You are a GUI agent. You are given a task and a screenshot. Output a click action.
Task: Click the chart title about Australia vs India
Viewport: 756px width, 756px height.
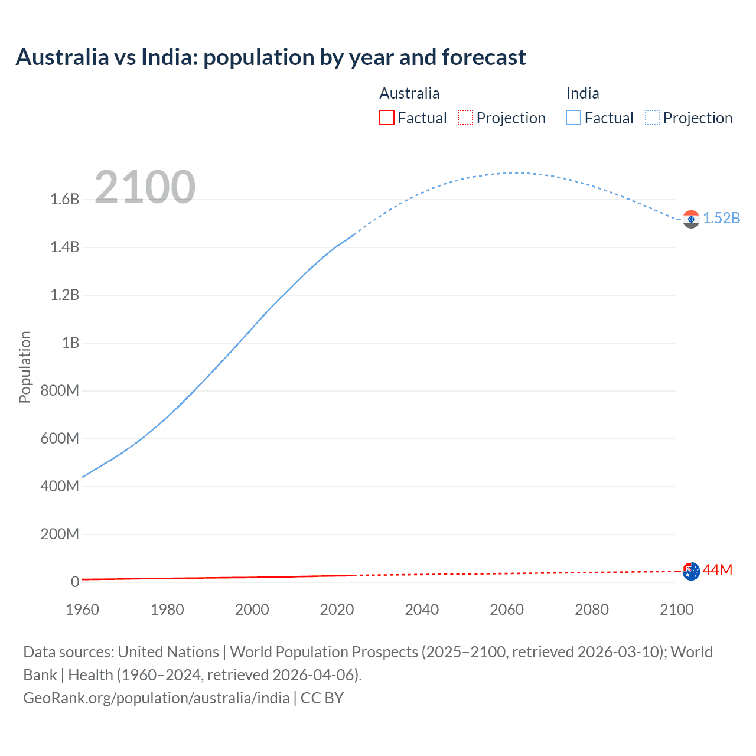coord(271,57)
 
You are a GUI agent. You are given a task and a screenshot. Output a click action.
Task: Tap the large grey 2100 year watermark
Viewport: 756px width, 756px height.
coord(145,187)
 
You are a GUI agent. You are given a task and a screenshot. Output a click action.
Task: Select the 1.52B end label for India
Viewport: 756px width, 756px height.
coord(721,218)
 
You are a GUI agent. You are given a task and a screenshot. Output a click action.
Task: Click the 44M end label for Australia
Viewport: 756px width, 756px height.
coord(717,570)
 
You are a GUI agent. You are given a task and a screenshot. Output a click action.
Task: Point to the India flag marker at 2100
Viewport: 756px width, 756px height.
coord(691,219)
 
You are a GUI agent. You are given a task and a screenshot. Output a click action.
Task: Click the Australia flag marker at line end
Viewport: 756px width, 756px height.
coord(691,571)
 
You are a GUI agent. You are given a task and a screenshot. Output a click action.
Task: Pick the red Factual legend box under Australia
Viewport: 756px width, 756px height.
coord(387,118)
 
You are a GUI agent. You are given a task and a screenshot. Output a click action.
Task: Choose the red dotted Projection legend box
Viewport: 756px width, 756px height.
coord(465,118)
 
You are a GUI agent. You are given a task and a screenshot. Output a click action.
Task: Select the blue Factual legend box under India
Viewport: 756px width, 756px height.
coord(573,118)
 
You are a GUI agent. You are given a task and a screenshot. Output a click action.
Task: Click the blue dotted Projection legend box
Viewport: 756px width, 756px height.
coord(652,118)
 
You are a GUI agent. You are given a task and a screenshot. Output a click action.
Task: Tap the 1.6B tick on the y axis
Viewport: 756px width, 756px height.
coord(65,199)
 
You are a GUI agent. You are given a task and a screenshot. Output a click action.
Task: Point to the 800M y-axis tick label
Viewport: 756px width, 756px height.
coord(60,390)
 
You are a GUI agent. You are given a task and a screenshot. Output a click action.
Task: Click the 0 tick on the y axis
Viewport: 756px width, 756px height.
coord(75,582)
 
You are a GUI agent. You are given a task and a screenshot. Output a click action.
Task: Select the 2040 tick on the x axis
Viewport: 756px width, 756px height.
coord(422,610)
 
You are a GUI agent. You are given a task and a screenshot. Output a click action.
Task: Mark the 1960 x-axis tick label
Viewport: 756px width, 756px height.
coord(82,610)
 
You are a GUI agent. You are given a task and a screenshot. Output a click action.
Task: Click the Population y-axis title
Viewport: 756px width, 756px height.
coord(25,367)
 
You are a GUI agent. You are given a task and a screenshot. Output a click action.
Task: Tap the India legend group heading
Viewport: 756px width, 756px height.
coord(582,93)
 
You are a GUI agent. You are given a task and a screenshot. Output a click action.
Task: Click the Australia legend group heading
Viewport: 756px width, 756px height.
coord(409,93)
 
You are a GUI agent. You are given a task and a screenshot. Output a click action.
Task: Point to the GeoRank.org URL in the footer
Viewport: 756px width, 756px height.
coord(156,698)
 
